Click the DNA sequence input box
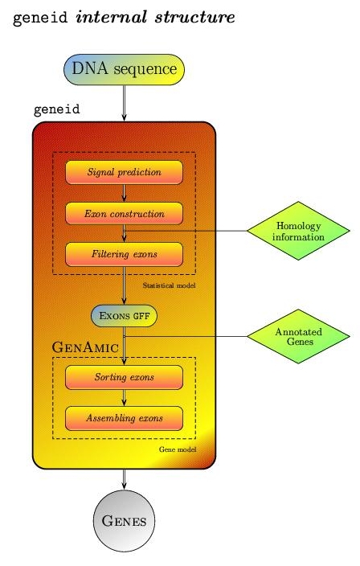pos(124,69)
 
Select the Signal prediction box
pos(124,171)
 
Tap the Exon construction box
pos(124,214)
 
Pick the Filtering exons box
pos(124,255)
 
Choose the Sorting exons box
pos(124,376)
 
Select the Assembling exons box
pos(124,418)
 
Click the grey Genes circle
pos(124,521)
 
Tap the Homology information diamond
pos(298,232)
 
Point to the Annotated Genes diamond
pos(298,334)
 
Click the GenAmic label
pos(85,347)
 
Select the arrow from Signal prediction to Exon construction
pos(124,193)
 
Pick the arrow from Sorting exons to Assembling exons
pos(124,397)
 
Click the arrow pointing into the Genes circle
pos(124,481)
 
